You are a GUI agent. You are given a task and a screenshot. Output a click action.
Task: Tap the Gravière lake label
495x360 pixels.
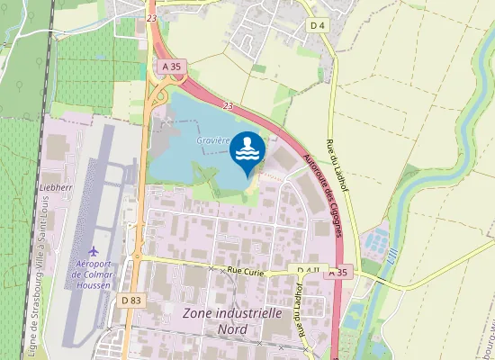point(214,140)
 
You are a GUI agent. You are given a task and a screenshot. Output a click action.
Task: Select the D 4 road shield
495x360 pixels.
point(317,25)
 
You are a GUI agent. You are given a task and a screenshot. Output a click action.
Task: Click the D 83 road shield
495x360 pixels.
point(130,300)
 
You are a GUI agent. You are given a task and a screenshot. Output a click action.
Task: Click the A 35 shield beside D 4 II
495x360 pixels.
point(337,271)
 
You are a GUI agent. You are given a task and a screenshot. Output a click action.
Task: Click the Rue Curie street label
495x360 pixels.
point(248,270)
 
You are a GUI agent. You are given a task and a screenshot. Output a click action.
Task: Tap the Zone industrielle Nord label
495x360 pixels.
point(231,321)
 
